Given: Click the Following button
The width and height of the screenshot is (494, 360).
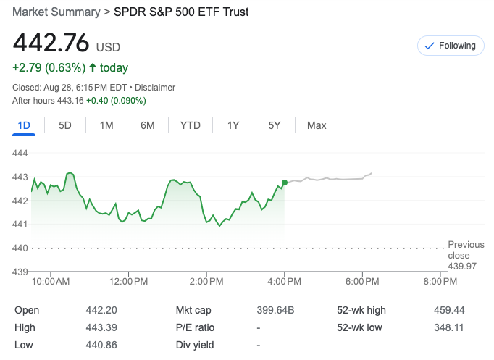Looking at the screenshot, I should point(451,46).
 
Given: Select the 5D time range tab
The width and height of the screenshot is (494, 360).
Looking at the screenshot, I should point(65,125).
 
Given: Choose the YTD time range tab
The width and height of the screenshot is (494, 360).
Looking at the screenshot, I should point(191,125).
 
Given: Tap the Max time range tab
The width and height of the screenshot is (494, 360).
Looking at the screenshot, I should point(317,125).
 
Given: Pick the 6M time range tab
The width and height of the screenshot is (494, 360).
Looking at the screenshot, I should point(148,125).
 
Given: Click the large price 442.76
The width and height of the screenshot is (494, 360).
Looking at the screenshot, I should point(51,43).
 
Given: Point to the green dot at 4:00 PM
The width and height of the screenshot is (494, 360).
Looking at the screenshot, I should point(285,183).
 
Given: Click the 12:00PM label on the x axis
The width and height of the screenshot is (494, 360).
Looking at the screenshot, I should point(129,281).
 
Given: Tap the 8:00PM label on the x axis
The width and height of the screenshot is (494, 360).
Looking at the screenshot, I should point(440,281).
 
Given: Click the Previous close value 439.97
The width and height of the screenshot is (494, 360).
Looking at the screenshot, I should point(463,267).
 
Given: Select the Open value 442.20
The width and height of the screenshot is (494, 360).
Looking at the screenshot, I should point(101,310).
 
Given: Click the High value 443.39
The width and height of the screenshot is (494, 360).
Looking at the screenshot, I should point(101,327).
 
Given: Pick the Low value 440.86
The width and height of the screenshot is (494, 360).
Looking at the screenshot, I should point(101,345).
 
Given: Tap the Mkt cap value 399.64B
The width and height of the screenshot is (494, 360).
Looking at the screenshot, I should point(275,310).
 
